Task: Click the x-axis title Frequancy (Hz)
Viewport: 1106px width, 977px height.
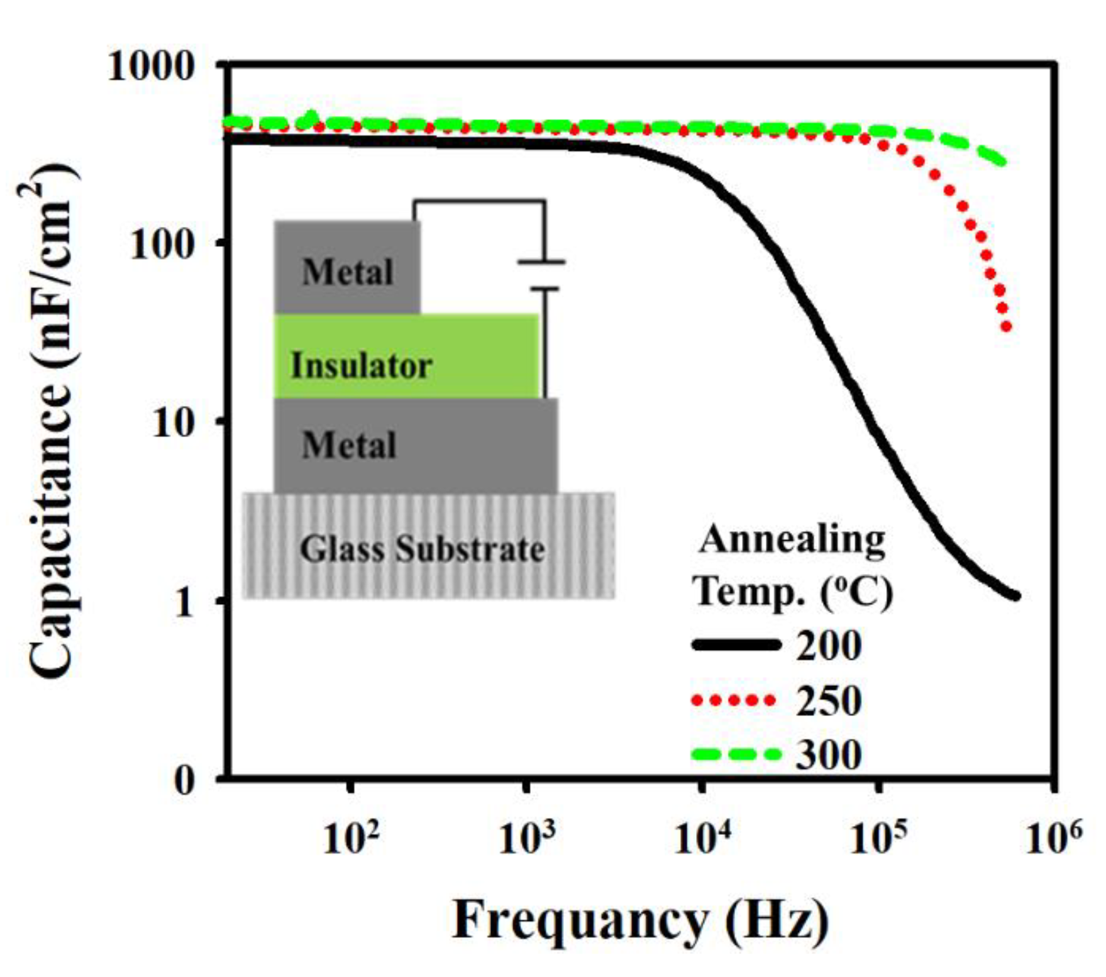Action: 640,921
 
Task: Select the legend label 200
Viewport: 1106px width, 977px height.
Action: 829,645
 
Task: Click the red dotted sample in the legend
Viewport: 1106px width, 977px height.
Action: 733,700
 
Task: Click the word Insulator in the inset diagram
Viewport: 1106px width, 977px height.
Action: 361,366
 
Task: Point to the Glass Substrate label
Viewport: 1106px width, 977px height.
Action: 422,549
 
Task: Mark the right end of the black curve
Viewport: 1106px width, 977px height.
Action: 1015,595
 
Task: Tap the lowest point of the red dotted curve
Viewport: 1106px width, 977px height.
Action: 1006,326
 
